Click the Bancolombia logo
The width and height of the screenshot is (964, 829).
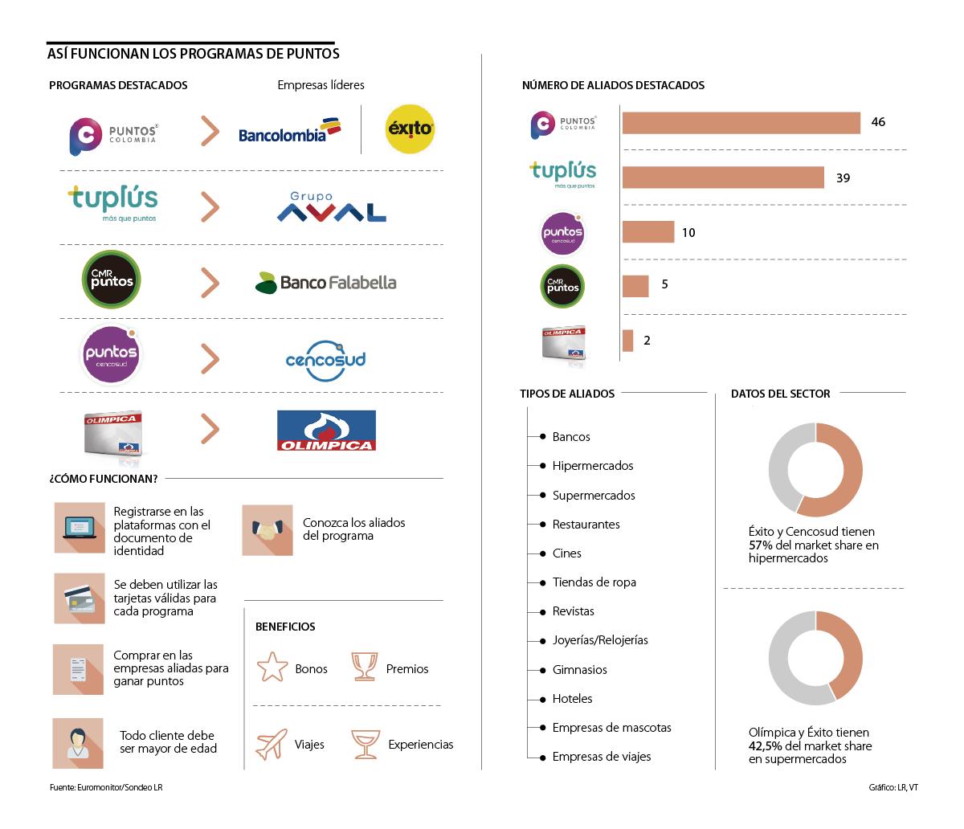(289, 131)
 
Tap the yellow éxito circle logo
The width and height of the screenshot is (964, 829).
(410, 129)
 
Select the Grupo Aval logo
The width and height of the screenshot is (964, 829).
(331, 207)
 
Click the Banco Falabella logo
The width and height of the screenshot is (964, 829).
(326, 283)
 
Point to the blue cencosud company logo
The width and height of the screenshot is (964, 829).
(326, 360)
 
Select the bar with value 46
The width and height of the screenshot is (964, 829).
(741, 123)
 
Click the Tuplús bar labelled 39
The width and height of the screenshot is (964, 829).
(723, 178)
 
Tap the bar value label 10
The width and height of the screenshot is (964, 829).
(688, 233)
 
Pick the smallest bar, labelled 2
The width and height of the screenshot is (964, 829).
(627, 341)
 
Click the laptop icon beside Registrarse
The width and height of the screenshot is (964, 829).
(80, 528)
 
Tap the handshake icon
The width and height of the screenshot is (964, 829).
(268, 530)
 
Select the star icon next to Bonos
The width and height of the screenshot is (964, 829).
(272, 668)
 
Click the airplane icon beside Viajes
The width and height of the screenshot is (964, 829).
(272, 744)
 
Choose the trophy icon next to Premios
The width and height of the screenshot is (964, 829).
(365, 667)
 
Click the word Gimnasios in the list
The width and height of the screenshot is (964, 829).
(579, 670)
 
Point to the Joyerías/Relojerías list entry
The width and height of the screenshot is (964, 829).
(599, 640)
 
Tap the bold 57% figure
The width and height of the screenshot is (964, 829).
(760, 545)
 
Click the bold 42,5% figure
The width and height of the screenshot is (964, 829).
(765, 746)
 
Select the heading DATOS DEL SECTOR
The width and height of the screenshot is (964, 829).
(780, 394)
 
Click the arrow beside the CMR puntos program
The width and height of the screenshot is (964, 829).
(210, 283)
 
